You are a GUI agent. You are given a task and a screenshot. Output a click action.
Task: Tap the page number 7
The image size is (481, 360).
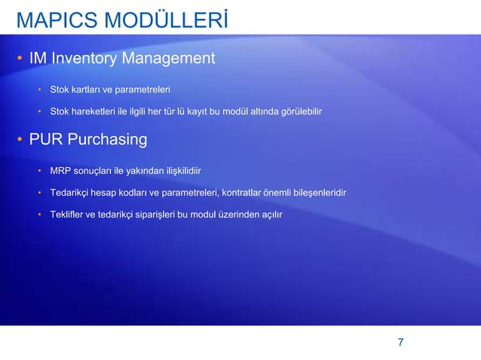(400, 343)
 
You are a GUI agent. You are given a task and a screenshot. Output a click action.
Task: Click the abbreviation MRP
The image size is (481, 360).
(60, 171)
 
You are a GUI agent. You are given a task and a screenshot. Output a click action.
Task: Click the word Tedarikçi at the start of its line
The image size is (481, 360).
(72, 194)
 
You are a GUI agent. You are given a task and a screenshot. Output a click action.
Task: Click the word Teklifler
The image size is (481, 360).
(68, 215)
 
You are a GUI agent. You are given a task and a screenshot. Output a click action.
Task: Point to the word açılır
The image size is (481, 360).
(271, 215)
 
